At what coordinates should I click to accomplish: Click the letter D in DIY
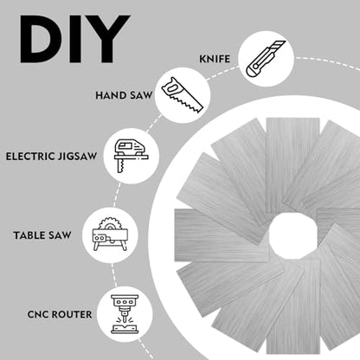tap(40, 39)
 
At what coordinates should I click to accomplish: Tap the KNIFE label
tap(215, 59)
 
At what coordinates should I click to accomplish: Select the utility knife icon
tap(266, 59)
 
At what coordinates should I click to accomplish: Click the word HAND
tap(111, 95)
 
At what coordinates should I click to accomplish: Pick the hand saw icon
tap(183, 95)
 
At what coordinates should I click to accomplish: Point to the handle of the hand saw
tap(171, 87)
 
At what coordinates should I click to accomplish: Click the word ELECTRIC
tap(30, 157)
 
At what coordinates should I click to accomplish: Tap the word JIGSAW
tap(77, 157)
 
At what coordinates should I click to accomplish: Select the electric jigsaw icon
tap(132, 156)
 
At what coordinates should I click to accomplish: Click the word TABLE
tap(29, 235)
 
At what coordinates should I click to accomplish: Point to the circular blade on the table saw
tap(109, 224)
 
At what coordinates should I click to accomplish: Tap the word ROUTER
tap(72, 314)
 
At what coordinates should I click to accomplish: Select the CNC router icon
tap(125, 314)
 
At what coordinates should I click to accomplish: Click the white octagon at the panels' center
tap(293, 235)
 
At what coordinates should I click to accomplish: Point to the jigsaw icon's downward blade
tap(120, 166)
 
